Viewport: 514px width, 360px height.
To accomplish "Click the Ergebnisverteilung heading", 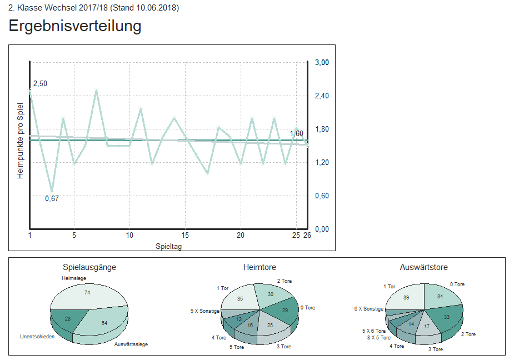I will click(x=75, y=26).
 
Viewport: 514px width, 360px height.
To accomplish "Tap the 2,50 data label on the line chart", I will click(x=40, y=83).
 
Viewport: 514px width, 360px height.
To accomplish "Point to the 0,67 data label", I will click(x=52, y=198).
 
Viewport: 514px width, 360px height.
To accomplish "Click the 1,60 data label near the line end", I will click(x=297, y=133).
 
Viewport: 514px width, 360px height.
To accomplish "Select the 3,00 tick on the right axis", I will click(x=322, y=62).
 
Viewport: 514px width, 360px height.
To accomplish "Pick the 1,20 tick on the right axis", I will click(x=322, y=162).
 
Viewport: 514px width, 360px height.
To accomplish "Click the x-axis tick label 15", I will click(x=185, y=236).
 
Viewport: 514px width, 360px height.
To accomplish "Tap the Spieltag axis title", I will click(x=168, y=246).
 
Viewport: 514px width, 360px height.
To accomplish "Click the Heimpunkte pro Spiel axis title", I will click(x=21, y=141).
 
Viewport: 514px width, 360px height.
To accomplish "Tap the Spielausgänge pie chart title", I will click(x=89, y=267).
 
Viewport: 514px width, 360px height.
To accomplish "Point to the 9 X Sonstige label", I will click(x=204, y=311).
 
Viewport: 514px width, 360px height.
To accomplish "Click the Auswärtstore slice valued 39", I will click(x=406, y=297).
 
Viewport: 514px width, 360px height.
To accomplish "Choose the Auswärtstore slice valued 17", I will click(x=426, y=326).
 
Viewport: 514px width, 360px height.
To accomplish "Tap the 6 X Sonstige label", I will click(x=369, y=308).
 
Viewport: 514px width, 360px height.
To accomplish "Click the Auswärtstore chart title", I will click(x=423, y=267).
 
